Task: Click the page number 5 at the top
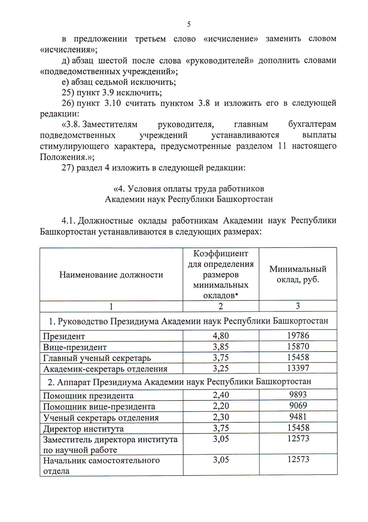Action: [189, 24]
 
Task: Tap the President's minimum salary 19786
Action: [298, 335]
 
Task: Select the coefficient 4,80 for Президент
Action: [220, 336]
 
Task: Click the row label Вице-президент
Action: [75, 347]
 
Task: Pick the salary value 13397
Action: [298, 368]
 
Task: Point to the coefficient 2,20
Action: [220, 406]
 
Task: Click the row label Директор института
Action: [83, 429]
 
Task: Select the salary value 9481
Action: [298, 417]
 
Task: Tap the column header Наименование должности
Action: [111, 275]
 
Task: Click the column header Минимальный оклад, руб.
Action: [298, 274]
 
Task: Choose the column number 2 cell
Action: [220, 306]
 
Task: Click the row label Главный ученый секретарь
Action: [97, 358]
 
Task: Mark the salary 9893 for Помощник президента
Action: [298, 394]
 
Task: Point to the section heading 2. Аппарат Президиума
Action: [179, 382]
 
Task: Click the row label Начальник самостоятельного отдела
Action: [101, 465]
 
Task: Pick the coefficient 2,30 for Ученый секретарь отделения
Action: [220, 417]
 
